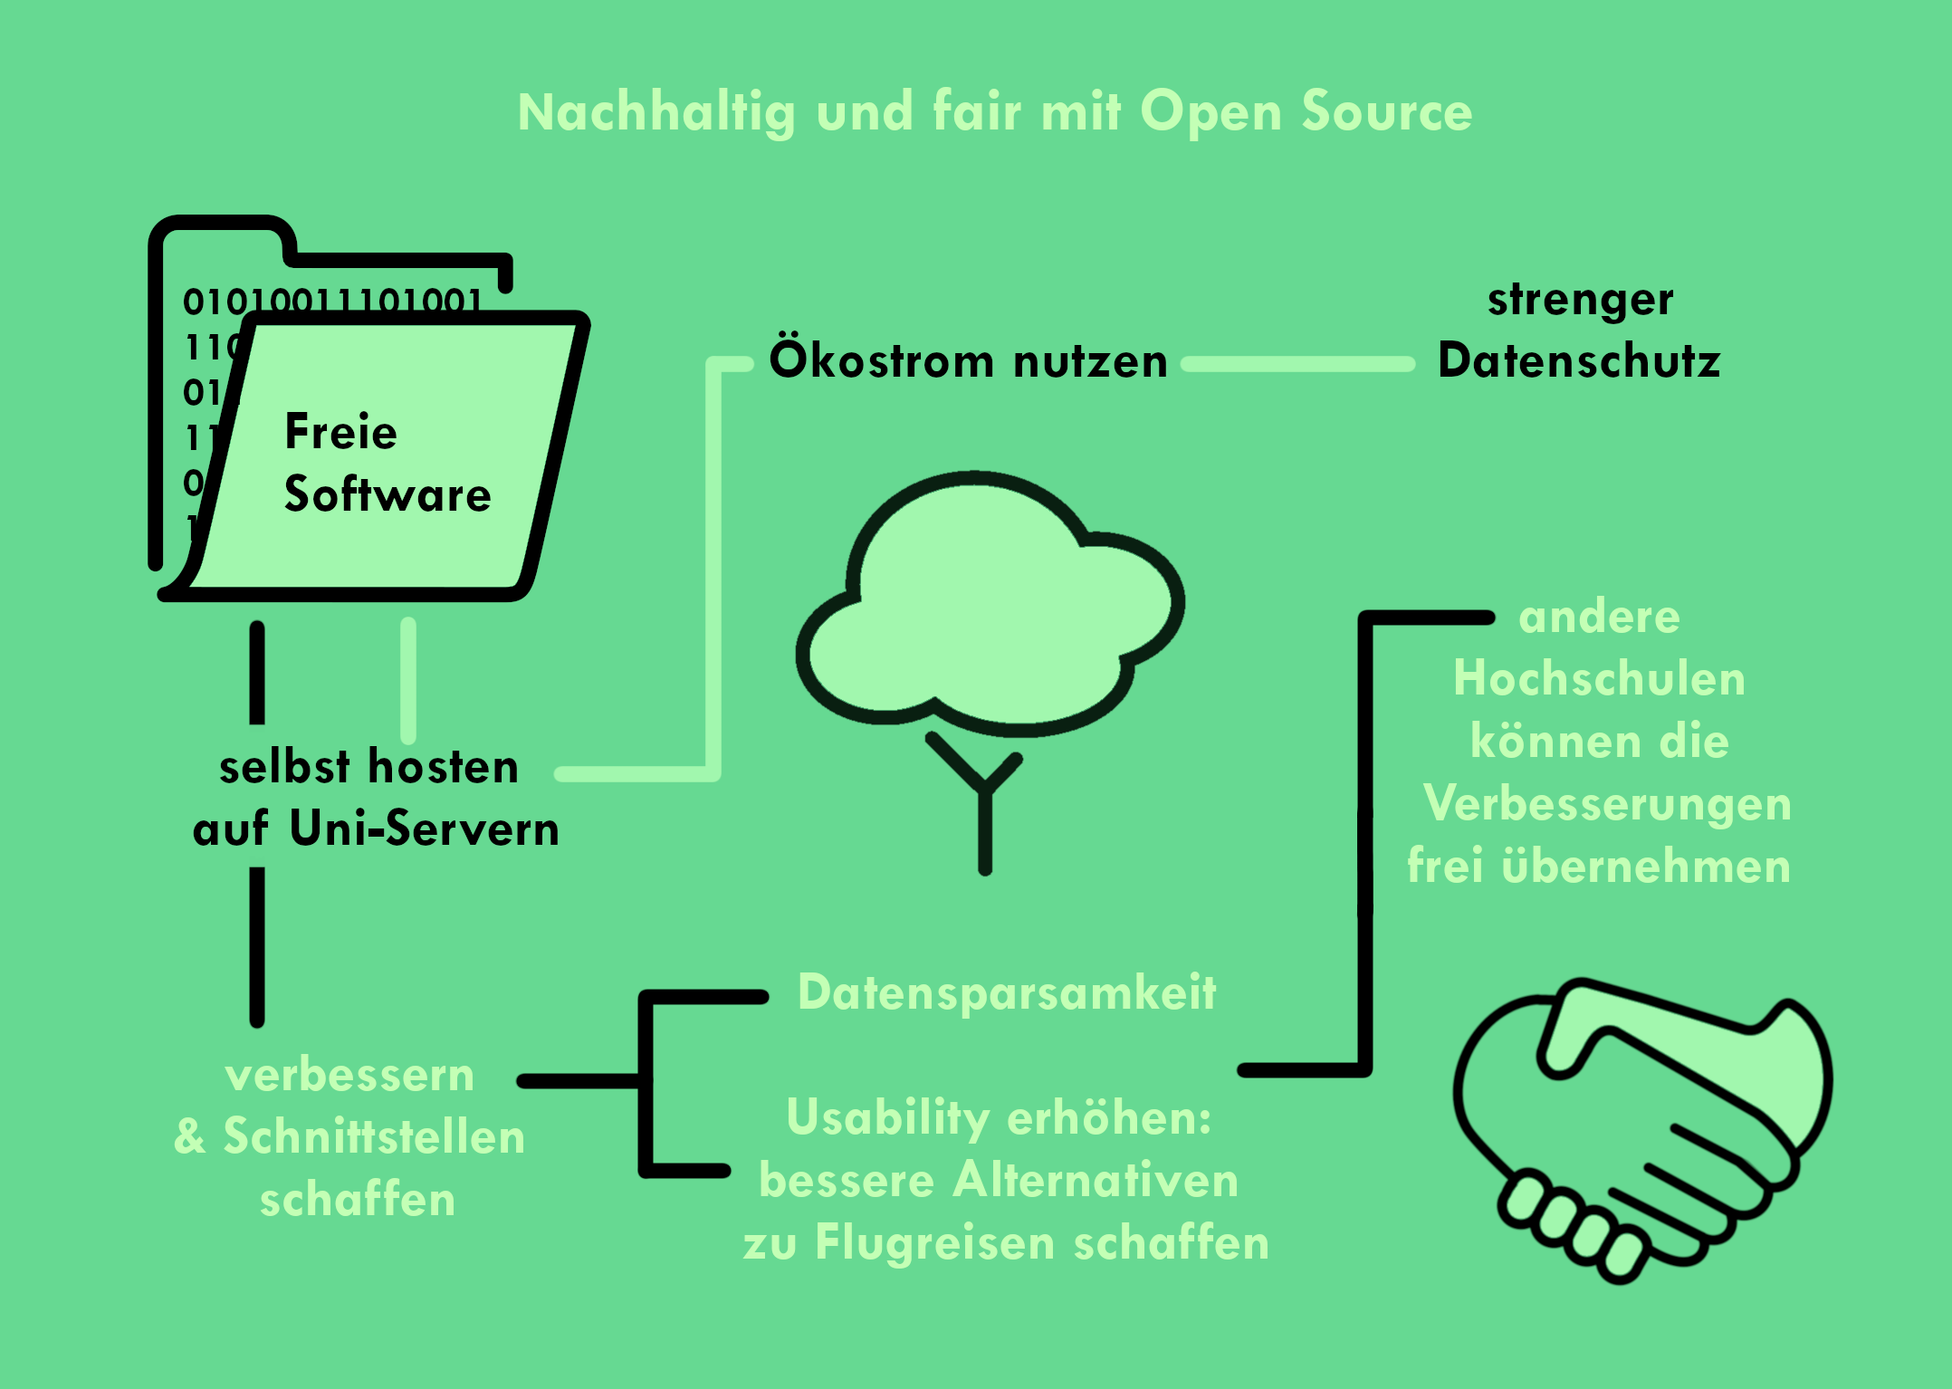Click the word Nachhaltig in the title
[x=655, y=113]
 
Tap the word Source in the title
[x=1387, y=113]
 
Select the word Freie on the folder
[x=340, y=431]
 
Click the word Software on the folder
[x=388, y=494]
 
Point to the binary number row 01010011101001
[x=332, y=300]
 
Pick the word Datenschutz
[x=1579, y=360]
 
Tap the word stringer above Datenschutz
[x=1580, y=300]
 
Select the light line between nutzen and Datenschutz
[x=1298, y=364]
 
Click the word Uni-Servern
[x=425, y=829]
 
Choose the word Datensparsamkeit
[x=1007, y=992]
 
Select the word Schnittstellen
[x=374, y=1137]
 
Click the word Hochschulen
[x=1599, y=678]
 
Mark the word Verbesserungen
[x=1607, y=803]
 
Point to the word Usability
[x=887, y=1117]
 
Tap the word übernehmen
[x=1646, y=866]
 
